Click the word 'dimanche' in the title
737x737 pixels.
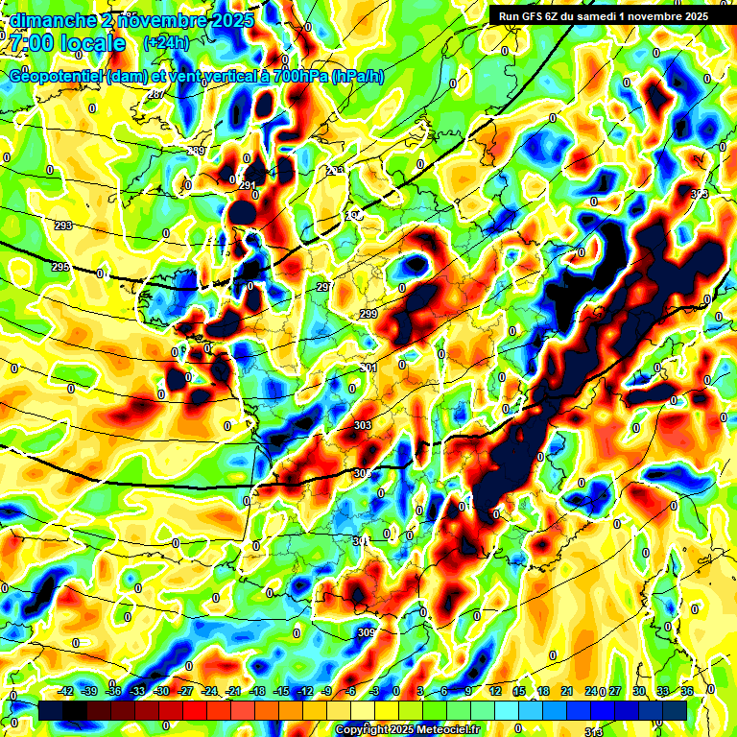point(49,19)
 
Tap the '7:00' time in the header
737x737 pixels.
point(30,44)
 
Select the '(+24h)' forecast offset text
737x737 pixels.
point(165,43)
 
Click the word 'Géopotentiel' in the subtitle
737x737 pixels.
point(58,76)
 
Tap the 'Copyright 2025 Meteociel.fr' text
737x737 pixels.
point(407,730)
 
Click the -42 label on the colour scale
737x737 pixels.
point(66,691)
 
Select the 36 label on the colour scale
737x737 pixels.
point(687,691)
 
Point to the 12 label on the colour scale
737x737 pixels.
point(495,691)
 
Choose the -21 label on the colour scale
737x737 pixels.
point(233,691)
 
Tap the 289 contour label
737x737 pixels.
point(196,152)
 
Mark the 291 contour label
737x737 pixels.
point(248,185)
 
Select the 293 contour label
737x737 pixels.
point(63,226)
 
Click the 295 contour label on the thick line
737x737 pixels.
point(59,267)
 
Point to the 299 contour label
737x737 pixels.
point(368,314)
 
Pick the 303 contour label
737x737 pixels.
point(363,424)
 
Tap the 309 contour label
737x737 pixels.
point(366,632)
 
